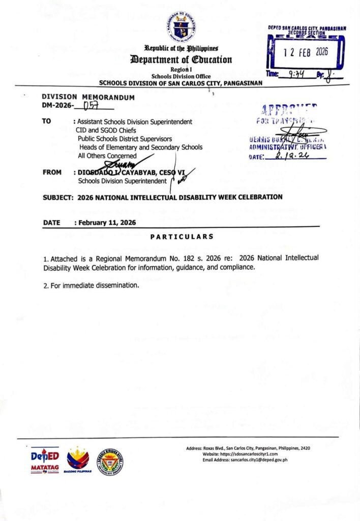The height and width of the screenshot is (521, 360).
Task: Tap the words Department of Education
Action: (181, 60)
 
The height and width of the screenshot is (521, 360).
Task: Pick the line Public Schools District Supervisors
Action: (125, 138)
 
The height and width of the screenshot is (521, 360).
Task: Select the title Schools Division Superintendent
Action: (122, 181)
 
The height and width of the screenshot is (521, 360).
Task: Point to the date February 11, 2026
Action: (107, 222)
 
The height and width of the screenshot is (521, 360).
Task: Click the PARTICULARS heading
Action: (182, 237)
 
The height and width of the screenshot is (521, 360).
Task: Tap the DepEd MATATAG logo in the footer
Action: (45, 460)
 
